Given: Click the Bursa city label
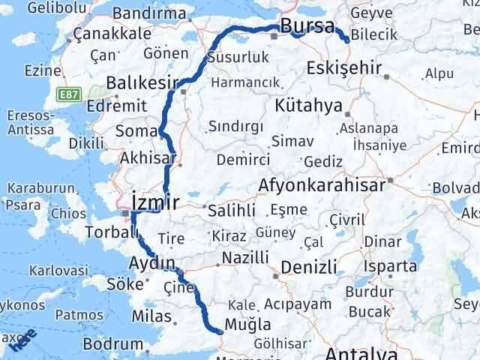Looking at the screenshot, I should point(307,27).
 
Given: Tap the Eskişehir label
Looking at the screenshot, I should point(343,69).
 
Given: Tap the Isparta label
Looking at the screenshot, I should point(390,266).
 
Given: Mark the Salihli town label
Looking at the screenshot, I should point(231,209).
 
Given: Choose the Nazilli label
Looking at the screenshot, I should point(244,258).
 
